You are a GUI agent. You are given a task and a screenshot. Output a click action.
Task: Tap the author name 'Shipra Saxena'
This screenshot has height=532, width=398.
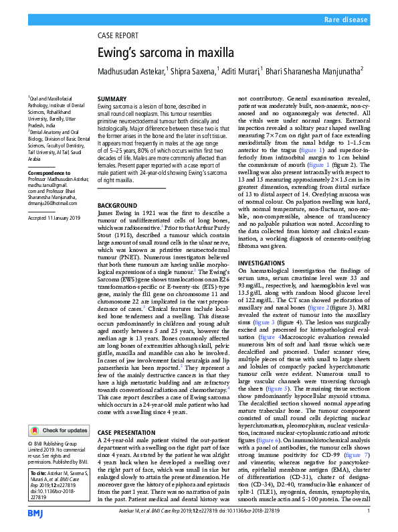pos(193,70)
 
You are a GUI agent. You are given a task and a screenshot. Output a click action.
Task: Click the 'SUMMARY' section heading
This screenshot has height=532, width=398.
pos(112,98)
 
